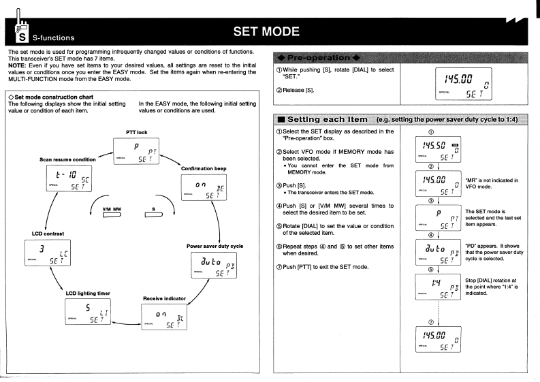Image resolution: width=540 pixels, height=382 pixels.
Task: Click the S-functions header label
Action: pyautogui.click(x=48, y=29)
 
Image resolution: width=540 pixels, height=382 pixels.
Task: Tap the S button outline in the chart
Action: pyautogui.click(x=164, y=221)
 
